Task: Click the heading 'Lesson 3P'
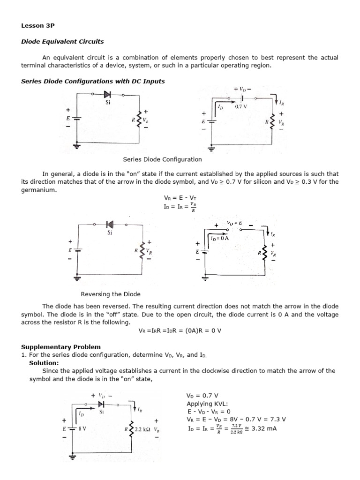[x=35, y=27]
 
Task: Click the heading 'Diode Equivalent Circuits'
[x=62, y=41]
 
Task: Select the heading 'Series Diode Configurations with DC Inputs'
[x=93, y=81]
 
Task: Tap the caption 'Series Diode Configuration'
[x=162, y=159]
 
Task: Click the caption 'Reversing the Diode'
[x=111, y=294]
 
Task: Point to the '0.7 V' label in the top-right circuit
[x=241, y=107]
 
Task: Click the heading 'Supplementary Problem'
[x=61, y=347]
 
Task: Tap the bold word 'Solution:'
[x=44, y=363]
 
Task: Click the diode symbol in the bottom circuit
[x=101, y=404]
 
